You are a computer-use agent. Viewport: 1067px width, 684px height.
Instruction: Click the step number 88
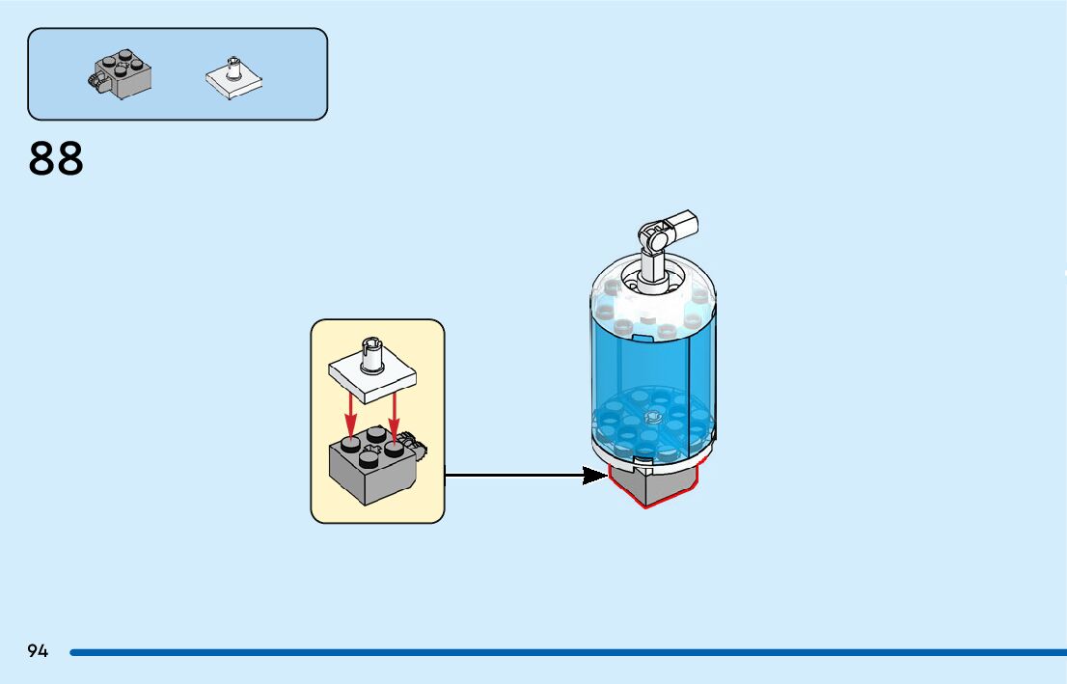click(x=57, y=159)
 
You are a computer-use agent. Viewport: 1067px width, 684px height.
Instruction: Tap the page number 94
click(x=38, y=651)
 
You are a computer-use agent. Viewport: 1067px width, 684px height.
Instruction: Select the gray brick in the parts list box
click(x=122, y=74)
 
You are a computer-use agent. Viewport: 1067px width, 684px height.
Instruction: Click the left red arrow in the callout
click(x=351, y=415)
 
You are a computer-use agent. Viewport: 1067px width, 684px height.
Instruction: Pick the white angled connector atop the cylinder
click(x=665, y=233)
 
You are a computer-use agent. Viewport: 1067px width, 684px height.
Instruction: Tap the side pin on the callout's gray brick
click(x=419, y=446)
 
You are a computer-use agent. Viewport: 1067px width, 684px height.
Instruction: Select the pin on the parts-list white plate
click(x=233, y=67)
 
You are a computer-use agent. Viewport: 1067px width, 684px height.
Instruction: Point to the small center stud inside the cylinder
click(x=652, y=418)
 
